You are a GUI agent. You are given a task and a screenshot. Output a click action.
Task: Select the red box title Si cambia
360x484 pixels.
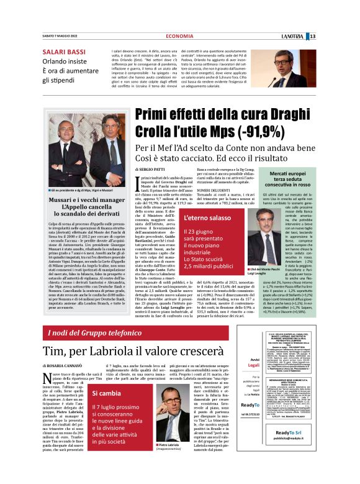(x=107, y=393)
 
